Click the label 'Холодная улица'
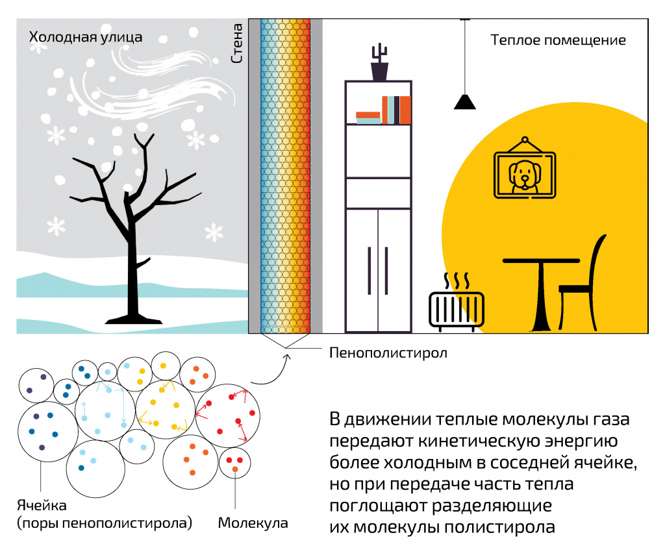coord(85,38)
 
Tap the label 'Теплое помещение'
coord(558,40)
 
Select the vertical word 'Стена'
coord(238,43)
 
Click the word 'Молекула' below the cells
coord(253,523)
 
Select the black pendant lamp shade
coord(464,102)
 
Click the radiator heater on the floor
coord(457,310)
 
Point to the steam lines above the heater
coord(456,281)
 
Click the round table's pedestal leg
coord(540,299)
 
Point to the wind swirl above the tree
coord(149,78)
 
